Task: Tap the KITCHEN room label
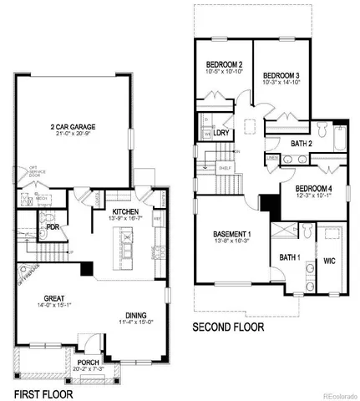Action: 125,212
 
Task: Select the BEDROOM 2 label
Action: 224,65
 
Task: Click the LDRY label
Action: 222,133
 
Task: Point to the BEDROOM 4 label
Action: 314,189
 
